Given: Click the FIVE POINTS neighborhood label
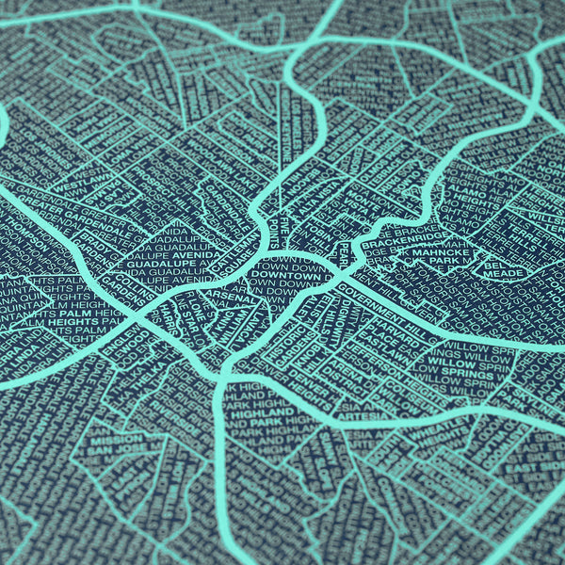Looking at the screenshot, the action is point(282,227).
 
